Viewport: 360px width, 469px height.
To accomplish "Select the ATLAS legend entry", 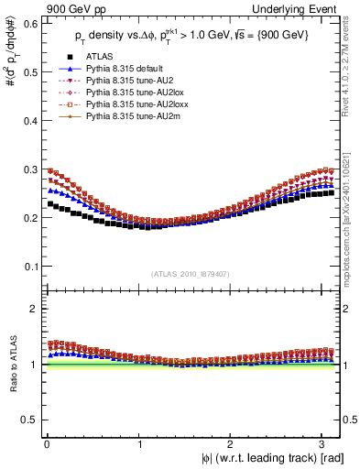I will (x=95, y=58).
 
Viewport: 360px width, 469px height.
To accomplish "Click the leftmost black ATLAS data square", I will (x=51, y=203).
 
